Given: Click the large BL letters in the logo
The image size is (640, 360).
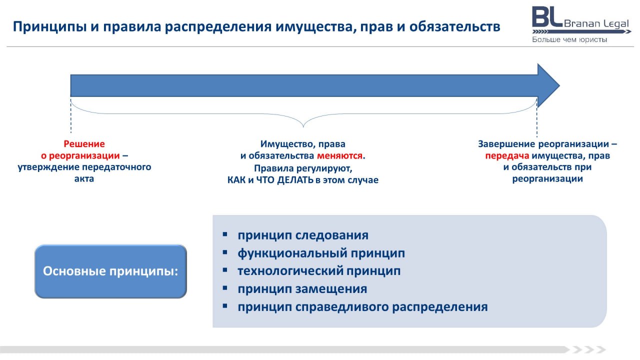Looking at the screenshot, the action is pos(547,17).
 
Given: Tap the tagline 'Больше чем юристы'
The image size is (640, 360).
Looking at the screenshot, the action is pos(569,39).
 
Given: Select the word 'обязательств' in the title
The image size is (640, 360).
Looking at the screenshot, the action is pos(454,26).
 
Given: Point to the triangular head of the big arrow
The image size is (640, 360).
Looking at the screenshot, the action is pos(546,85).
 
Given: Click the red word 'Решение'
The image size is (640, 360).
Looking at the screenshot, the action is pos(84,143).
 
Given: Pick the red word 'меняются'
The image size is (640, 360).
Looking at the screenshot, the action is pos(339,155).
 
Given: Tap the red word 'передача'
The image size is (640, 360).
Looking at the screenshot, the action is pos(507,156).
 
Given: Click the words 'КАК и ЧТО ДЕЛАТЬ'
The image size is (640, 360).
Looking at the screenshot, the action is pos(270,180).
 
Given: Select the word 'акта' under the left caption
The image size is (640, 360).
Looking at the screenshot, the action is pos(84,179).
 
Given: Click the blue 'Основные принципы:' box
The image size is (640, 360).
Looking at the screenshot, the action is pos(110,271).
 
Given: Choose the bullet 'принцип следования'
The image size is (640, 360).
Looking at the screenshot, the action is pos(303,235).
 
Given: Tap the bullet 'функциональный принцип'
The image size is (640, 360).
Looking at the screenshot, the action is pos(321,253).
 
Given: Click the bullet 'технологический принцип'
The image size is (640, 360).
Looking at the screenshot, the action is pos(319,271).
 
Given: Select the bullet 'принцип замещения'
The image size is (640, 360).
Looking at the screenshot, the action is pos(302,289).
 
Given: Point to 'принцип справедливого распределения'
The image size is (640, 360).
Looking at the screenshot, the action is pos(362,307).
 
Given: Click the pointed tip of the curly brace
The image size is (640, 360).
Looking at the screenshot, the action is pos(303,127).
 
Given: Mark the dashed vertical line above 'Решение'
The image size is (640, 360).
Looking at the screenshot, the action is pos(71,115).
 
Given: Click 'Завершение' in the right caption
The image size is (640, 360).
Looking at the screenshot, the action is pos(506,144).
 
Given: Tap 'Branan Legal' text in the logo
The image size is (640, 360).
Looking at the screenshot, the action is pos(596,23).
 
